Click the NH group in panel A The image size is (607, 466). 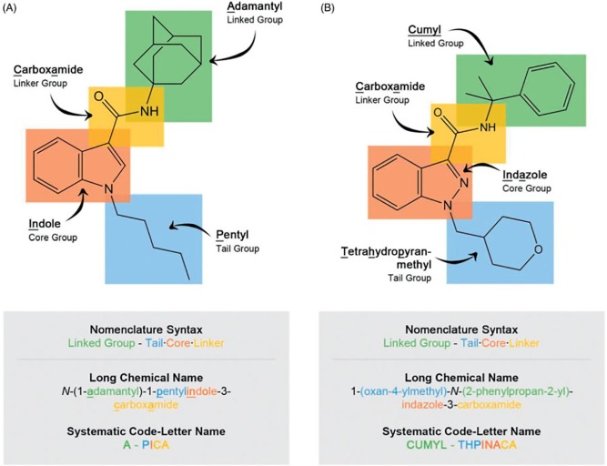(x=148, y=111)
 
